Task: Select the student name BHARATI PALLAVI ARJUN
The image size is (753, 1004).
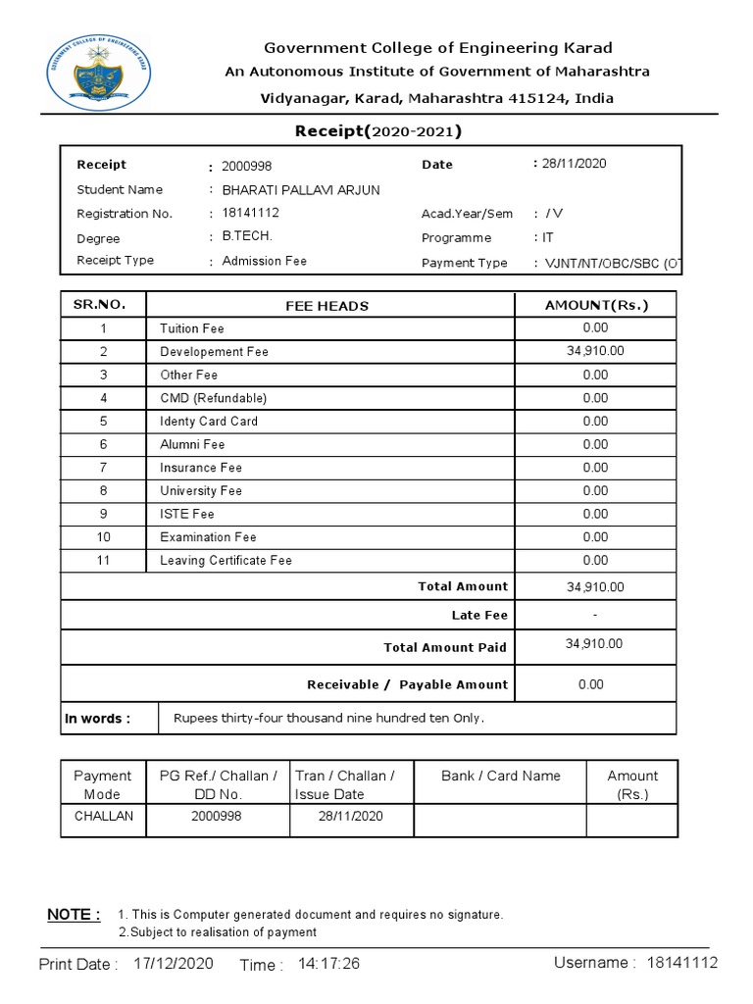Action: [301, 189]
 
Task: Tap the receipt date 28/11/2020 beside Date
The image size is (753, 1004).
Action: [575, 164]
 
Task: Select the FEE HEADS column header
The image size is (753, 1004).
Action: [327, 306]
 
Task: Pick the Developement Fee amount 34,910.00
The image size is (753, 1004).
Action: [595, 351]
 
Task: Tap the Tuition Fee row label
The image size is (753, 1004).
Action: [192, 328]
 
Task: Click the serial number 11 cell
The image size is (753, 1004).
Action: [103, 561]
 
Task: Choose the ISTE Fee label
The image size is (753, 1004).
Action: [187, 514]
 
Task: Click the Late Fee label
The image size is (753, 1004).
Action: [479, 615]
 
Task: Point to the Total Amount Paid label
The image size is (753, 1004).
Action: [445, 647]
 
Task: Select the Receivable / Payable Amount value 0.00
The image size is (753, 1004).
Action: [590, 684]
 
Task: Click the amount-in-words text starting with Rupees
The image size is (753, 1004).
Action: [328, 718]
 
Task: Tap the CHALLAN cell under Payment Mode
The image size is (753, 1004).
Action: [103, 816]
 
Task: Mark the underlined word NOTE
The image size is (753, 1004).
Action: [74, 915]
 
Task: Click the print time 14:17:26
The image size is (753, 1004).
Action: [328, 964]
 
